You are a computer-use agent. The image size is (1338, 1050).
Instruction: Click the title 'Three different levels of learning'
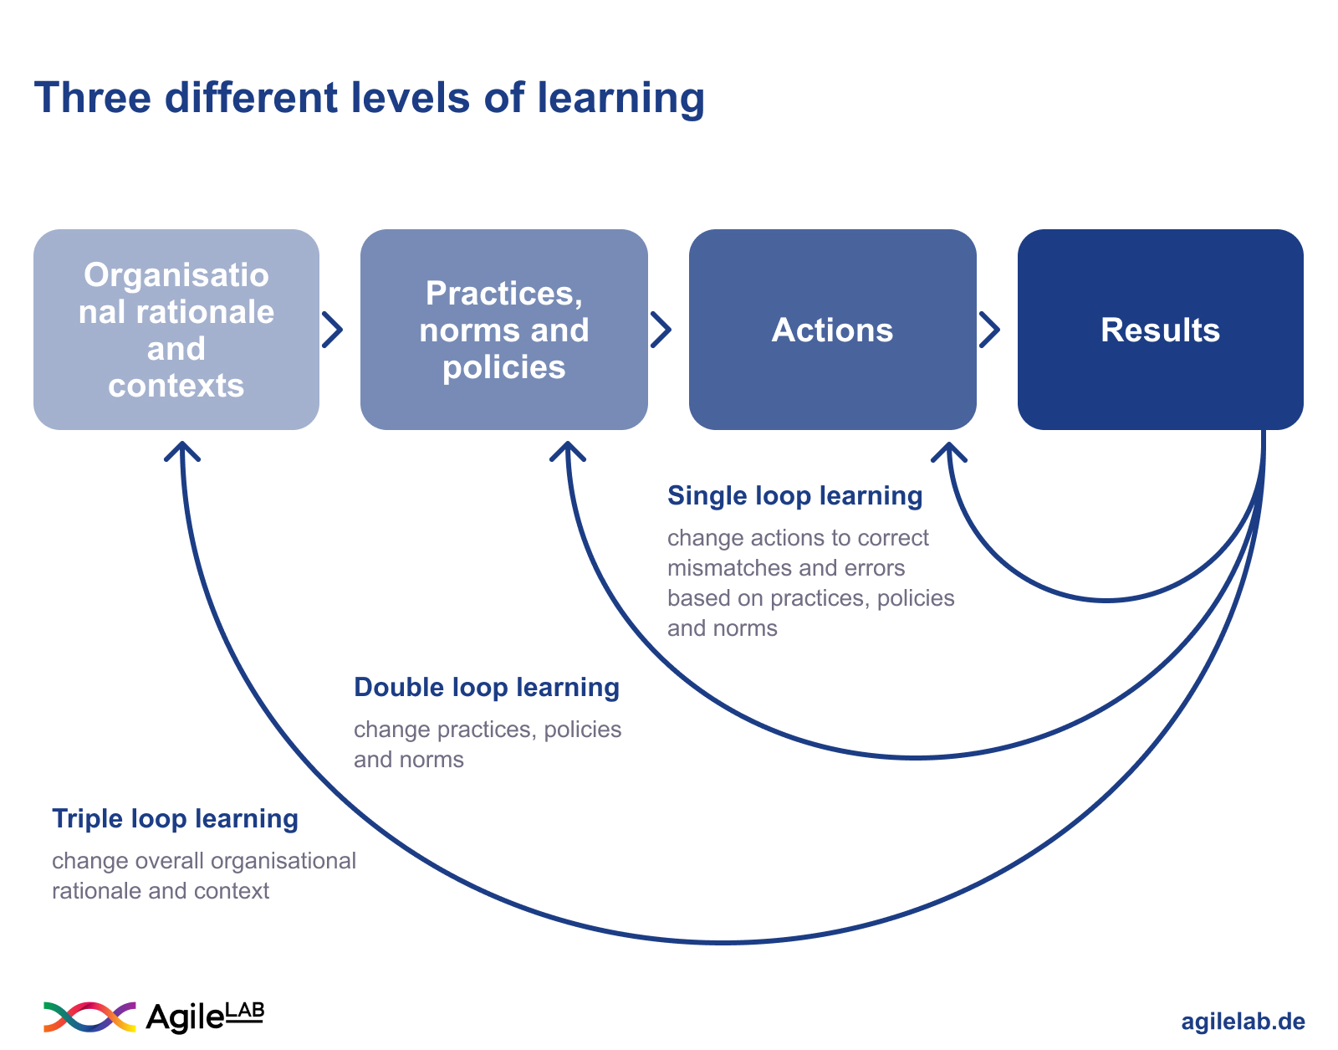click(x=369, y=98)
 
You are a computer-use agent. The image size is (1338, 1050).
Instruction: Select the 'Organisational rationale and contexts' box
click(x=176, y=330)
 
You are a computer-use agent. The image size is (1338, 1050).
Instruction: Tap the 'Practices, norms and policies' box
click(x=503, y=330)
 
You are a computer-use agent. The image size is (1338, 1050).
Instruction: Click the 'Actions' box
click(x=832, y=330)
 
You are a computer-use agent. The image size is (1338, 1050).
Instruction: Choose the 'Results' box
click(x=1160, y=330)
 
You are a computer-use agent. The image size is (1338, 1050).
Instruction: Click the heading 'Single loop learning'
click(x=794, y=495)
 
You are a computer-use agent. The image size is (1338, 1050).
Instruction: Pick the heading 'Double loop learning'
click(x=487, y=687)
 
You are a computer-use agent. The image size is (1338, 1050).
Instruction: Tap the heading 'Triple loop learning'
click(x=175, y=818)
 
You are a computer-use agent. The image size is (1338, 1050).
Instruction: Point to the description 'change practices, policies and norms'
click(x=487, y=744)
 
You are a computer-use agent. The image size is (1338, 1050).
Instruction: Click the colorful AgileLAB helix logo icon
click(x=89, y=1017)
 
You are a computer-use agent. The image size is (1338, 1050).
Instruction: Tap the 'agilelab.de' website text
click(x=1243, y=1022)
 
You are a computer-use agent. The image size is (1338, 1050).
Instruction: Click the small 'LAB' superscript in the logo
click(x=245, y=1012)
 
